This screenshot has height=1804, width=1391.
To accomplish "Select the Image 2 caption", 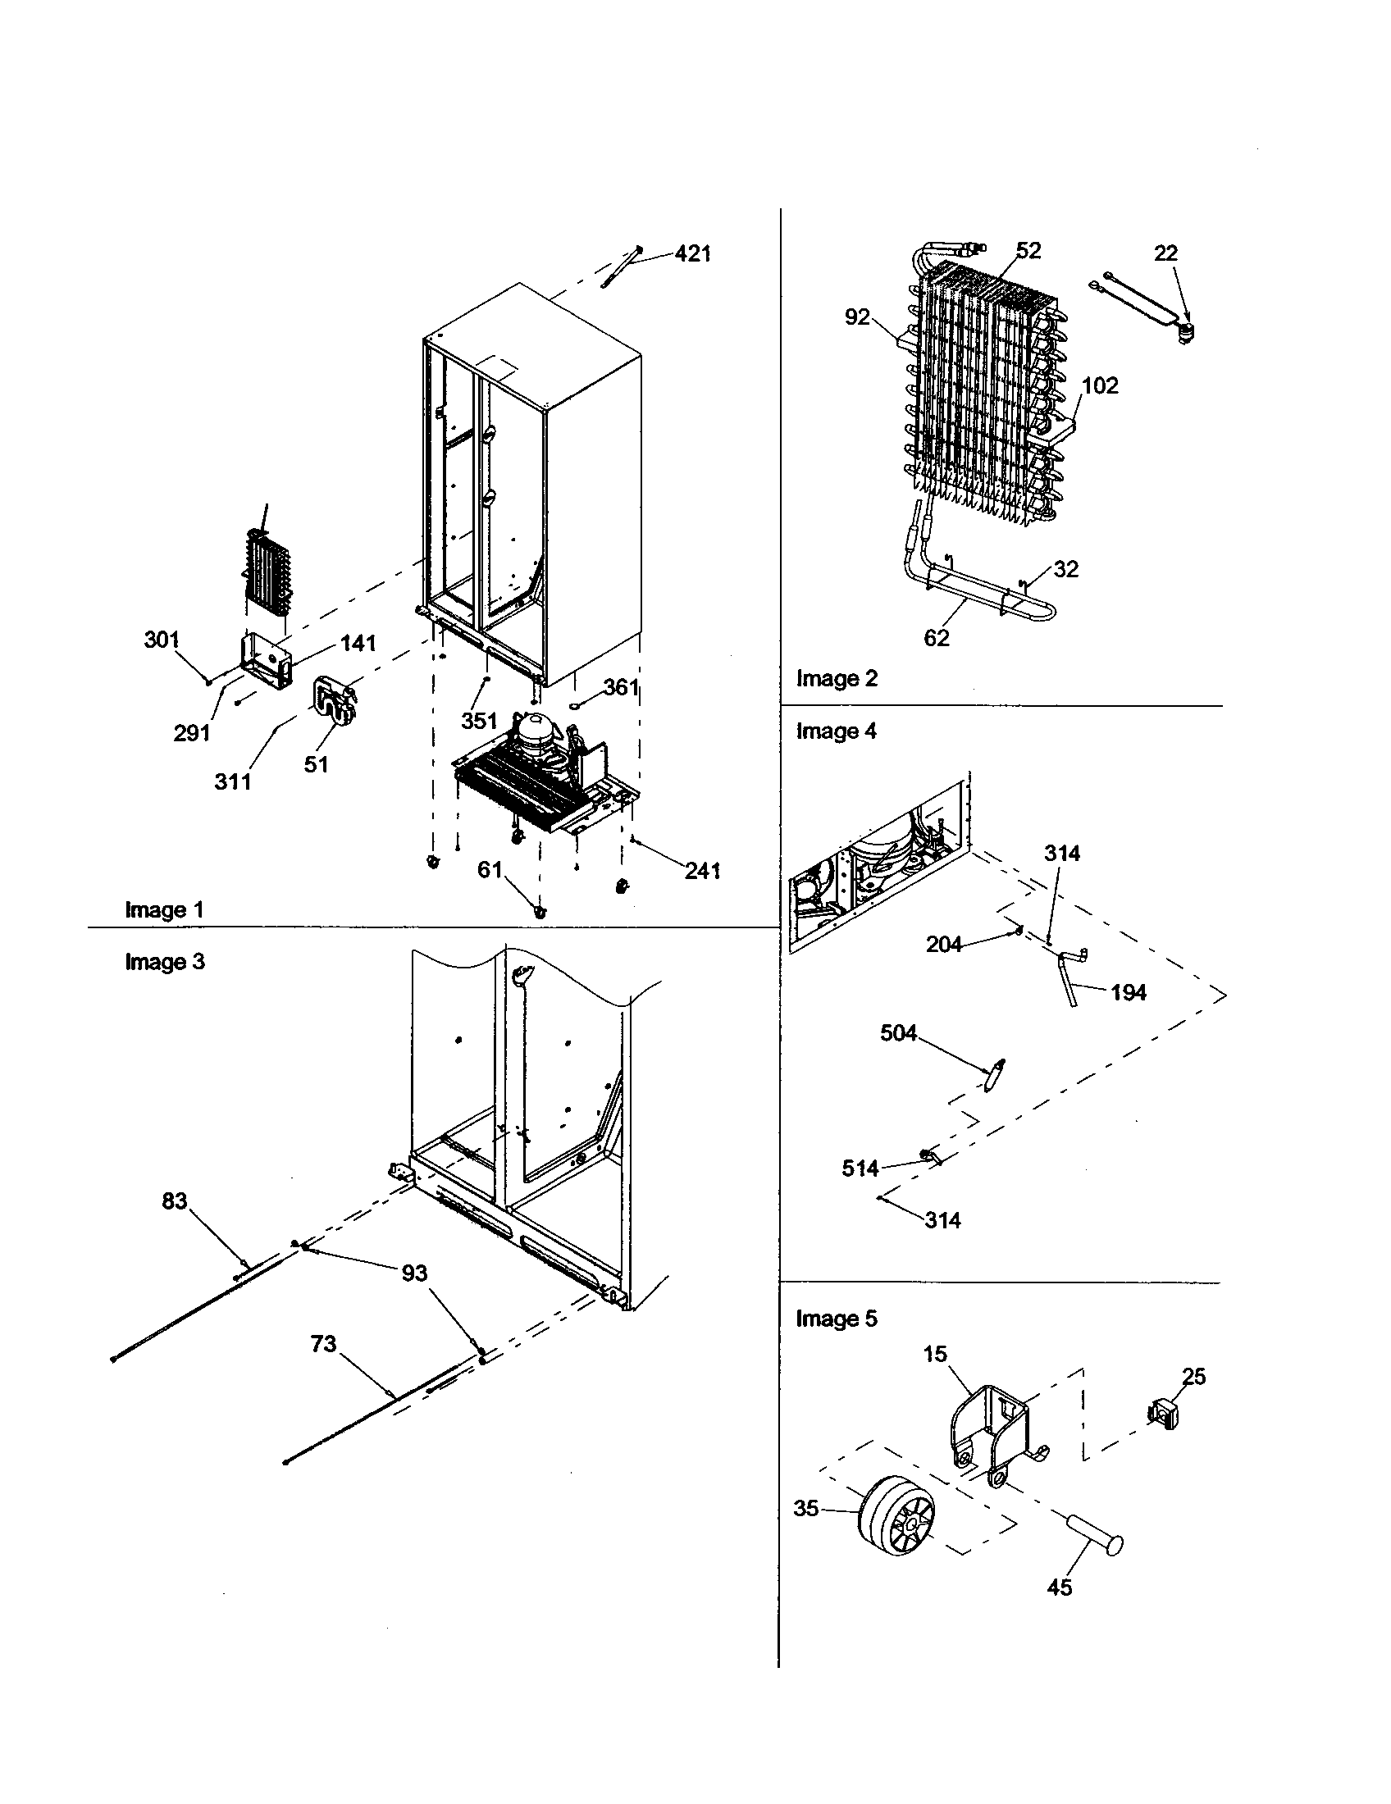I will coord(836,678).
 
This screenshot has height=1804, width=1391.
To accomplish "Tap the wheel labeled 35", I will coord(896,1515).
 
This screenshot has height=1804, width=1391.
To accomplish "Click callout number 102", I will coord(1099,385).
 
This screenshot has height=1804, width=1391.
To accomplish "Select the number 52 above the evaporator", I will coord(1028,250).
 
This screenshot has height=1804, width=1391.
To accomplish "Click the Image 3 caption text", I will coord(164,962).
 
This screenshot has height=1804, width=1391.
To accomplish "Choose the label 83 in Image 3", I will coord(175,1200).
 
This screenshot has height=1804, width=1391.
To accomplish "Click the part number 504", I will coord(898,1033).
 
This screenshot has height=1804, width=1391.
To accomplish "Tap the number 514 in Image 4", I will coord(860,1168).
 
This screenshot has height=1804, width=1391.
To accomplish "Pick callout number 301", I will coord(161,640).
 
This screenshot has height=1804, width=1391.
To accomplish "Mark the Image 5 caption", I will coord(836,1319).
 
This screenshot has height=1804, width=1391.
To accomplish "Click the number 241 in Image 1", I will coord(702,870).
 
